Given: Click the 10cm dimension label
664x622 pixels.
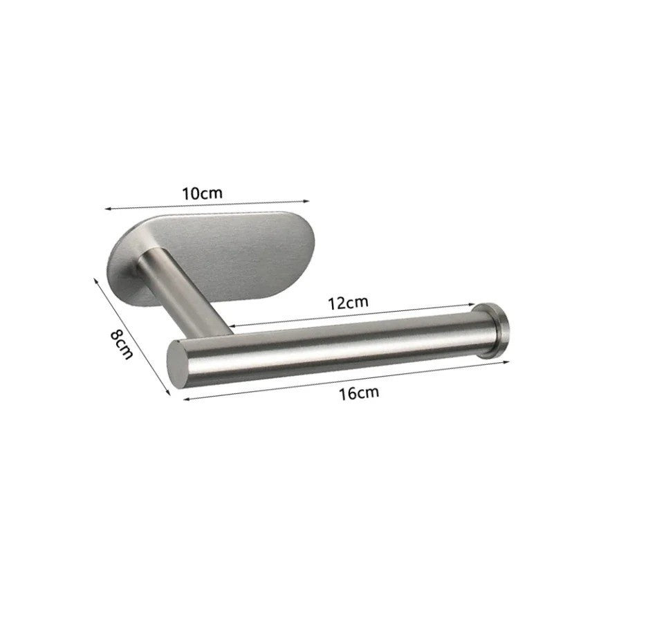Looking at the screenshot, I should [x=203, y=193].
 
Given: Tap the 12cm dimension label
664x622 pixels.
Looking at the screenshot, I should [x=348, y=302].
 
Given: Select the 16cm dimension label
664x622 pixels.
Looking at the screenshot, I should [x=359, y=393].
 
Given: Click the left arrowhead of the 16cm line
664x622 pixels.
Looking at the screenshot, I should [x=185, y=399].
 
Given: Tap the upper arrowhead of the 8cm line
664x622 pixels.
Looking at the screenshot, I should [x=95, y=279].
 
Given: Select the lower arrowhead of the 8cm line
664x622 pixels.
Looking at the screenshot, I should [x=168, y=394].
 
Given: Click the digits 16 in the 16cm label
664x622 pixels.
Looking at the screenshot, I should [x=349, y=393].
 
